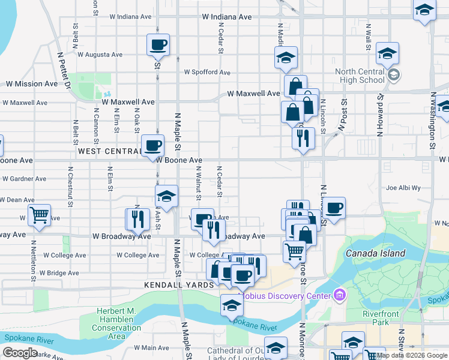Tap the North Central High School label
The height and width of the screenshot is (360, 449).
tap(360, 76)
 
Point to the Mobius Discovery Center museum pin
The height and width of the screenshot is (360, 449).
tap(340, 295)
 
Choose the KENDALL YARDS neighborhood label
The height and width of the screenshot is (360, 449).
tap(179, 284)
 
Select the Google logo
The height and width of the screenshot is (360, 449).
tap(19, 353)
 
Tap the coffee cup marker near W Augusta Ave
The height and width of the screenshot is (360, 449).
tap(158, 44)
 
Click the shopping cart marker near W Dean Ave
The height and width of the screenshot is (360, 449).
tap(39, 214)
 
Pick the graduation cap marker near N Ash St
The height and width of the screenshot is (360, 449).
tap(166, 196)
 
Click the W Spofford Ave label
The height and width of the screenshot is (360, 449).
tap(206, 72)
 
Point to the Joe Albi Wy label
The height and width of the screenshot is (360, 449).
tap(403, 188)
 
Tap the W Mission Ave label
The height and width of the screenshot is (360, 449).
tap(31, 84)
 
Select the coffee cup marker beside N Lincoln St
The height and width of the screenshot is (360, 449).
tap(334, 208)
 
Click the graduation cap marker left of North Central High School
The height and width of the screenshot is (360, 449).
tap(286, 58)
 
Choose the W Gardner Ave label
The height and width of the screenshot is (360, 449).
tap(24, 179)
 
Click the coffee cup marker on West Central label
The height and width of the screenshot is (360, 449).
tap(152, 145)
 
